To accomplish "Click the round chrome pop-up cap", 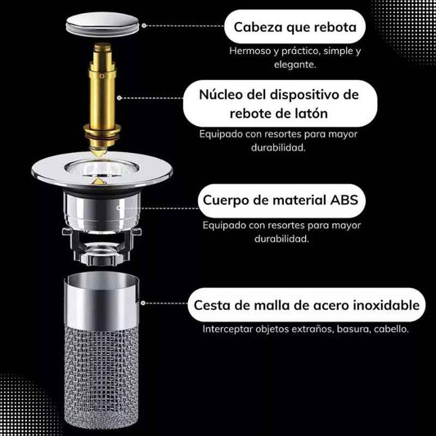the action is pyautogui.click(x=102, y=25).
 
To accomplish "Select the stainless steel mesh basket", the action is pyautogui.click(x=101, y=350).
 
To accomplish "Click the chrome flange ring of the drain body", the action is pyautogui.click(x=101, y=170).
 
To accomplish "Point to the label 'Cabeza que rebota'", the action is pyautogui.click(x=295, y=27).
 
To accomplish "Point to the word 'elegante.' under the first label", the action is pyautogui.click(x=295, y=65).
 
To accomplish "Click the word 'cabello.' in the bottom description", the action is pyautogui.click(x=391, y=329).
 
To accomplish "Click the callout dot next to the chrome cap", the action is pyautogui.click(x=144, y=25).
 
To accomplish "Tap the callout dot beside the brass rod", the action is pyautogui.click(x=119, y=98).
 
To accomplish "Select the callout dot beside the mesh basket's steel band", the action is pyautogui.click(x=142, y=303).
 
